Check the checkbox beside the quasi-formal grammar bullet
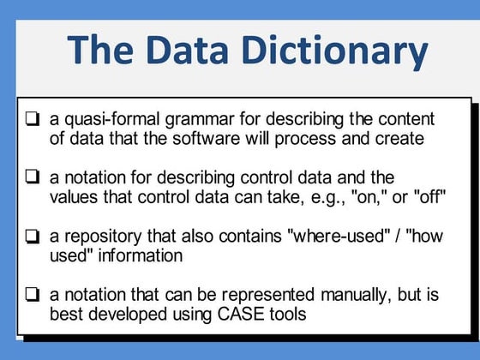[x=32, y=119]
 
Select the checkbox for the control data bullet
[x=32, y=177]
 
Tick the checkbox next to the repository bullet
[x=32, y=235]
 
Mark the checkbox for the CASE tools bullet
[x=32, y=294]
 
